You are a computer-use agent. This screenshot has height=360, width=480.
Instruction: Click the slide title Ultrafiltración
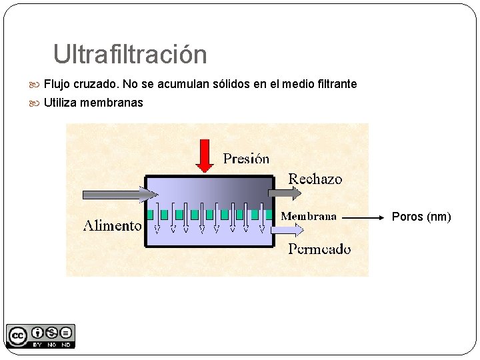[130, 55]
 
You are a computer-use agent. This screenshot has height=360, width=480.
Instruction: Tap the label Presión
[246, 159]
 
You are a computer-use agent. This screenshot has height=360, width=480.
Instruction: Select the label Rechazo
[315, 179]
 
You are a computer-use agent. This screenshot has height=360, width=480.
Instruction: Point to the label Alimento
[112, 225]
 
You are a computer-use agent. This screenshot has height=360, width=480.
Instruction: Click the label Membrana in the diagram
[309, 217]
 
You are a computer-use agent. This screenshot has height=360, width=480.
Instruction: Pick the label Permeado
[319, 249]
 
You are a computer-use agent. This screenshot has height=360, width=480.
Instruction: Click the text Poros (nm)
[421, 217]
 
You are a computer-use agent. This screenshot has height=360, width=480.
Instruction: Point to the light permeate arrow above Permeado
[288, 230]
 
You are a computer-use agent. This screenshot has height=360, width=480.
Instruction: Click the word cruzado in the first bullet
[97, 85]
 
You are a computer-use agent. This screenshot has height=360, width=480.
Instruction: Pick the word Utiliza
[61, 103]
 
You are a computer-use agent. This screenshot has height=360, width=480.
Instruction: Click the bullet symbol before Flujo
[36, 85]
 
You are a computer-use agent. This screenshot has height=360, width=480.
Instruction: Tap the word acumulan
[185, 85]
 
